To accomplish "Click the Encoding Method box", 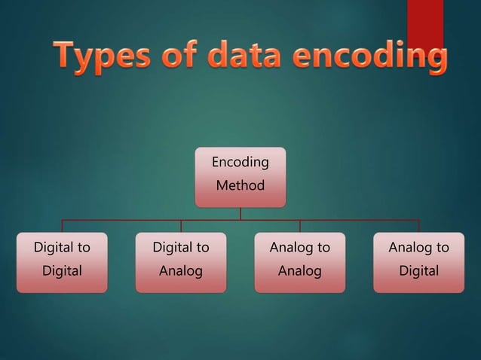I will (240, 177).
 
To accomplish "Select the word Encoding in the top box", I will (240, 163).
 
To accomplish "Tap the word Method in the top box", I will (240, 185).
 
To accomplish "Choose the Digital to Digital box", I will (62, 262).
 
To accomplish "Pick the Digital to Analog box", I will (181, 262).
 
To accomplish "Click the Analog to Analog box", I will (300, 262).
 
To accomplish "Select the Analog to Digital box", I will (419, 262).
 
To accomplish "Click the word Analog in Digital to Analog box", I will (181, 271).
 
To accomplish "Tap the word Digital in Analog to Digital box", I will (419, 271).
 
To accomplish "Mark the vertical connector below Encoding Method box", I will (240, 213).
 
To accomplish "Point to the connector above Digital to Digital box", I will (62, 226).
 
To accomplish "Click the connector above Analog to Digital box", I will (419, 226).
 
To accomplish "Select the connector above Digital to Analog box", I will (181, 226).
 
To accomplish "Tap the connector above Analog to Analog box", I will (300, 226).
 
